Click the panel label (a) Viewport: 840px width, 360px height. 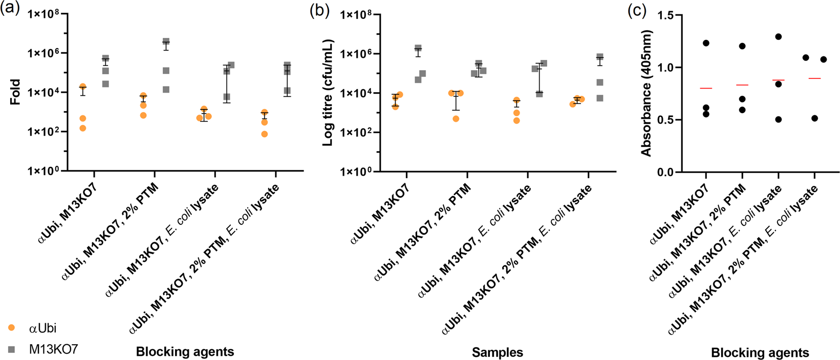(x=10, y=10)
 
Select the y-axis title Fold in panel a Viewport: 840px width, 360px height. (x=15, y=92)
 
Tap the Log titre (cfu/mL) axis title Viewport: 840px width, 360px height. (x=328, y=93)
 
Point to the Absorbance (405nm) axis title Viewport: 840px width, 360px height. (x=647, y=93)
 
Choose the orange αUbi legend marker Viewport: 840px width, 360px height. (x=12, y=328)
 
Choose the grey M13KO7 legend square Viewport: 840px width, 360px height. (x=12, y=349)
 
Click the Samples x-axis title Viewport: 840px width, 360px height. (x=497, y=352)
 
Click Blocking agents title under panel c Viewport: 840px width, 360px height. (x=760, y=352)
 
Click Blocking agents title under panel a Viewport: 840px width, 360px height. (x=185, y=352)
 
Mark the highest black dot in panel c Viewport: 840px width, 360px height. (x=779, y=37)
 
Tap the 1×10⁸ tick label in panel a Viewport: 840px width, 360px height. (x=45, y=14)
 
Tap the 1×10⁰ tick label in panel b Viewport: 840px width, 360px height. (x=357, y=172)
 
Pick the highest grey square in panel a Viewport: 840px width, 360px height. (x=166, y=41)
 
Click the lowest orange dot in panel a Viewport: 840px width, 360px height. (x=264, y=134)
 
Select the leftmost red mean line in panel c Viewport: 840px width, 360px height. (x=706, y=88)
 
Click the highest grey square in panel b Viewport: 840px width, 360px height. (x=418, y=48)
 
